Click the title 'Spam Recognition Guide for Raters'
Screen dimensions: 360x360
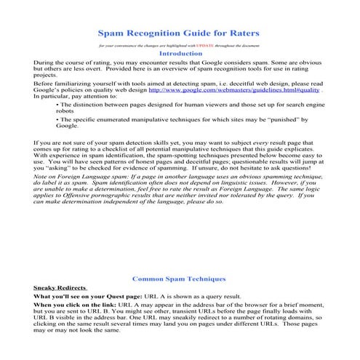pos(179,33)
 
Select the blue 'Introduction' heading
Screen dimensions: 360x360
pos(180,54)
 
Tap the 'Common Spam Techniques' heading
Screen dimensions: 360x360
pos(179,279)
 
